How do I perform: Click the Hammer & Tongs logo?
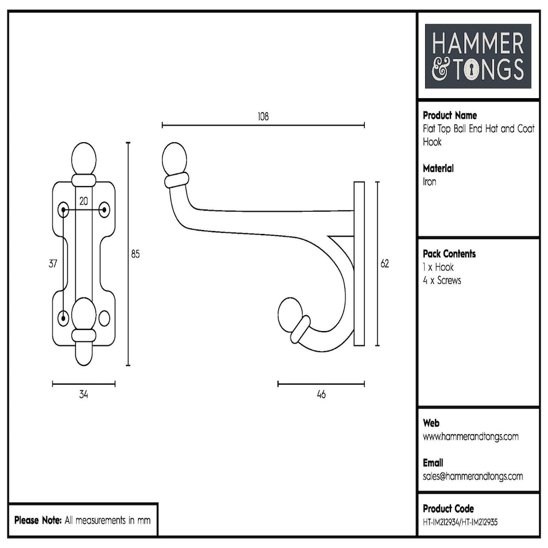[x=478, y=56]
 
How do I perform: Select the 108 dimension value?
[x=263, y=116]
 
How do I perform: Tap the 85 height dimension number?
[x=135, y=254]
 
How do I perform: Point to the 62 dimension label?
[x=385, y=264]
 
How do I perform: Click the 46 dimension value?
[x=321, y=394]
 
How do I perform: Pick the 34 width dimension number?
[x=83, y=394]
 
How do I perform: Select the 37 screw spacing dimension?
[x=53, y=264]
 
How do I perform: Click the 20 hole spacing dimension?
[x=83, y=200]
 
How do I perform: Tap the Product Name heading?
[x=449, y=115]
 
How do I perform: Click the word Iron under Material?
[x=429, y=182]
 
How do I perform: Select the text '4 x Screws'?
[x=442, y=280]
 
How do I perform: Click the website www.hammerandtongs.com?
[x=470, y=437]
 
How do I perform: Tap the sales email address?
[x=473, y=476]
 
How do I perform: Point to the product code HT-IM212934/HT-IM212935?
[x=460, y=522]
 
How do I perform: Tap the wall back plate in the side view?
[x=359, y=264]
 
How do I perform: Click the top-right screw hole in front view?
[x=104, y=209]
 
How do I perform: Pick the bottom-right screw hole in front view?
[x=104, y=317]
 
